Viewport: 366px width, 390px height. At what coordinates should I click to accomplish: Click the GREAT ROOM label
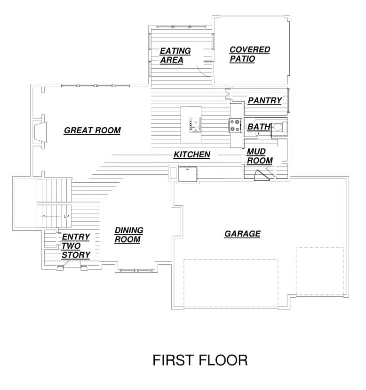click(92, 130)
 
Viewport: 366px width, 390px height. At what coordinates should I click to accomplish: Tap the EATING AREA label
click(175, 56)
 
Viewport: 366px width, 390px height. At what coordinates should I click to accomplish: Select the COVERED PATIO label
click(249, 54)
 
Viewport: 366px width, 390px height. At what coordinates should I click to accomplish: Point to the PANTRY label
click(265, 100)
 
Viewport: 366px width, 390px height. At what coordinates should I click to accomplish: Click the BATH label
click(259, 127)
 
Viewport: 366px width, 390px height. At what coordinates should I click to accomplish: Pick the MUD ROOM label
click(260, 156)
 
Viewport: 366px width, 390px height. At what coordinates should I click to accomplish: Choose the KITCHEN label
click(192, 154)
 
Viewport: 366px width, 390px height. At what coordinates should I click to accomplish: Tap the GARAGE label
click(242, 234)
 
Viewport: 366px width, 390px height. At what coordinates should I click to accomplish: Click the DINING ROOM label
click(129, 235)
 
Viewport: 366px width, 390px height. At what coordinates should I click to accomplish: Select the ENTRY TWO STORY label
click(76, 246)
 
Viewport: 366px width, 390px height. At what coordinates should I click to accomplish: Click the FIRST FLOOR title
click(200, 360)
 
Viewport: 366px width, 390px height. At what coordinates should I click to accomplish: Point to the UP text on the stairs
click(66, 216)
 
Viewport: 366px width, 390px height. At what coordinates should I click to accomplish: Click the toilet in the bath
click(280, 127)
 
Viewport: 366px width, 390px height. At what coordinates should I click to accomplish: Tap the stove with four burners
click(235, 125)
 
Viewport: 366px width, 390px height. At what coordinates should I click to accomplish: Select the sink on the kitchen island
click(195, 125)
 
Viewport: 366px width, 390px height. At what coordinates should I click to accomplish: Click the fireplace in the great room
click(40, 132)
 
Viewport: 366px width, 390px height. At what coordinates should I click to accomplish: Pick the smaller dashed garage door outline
click(320, 271)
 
